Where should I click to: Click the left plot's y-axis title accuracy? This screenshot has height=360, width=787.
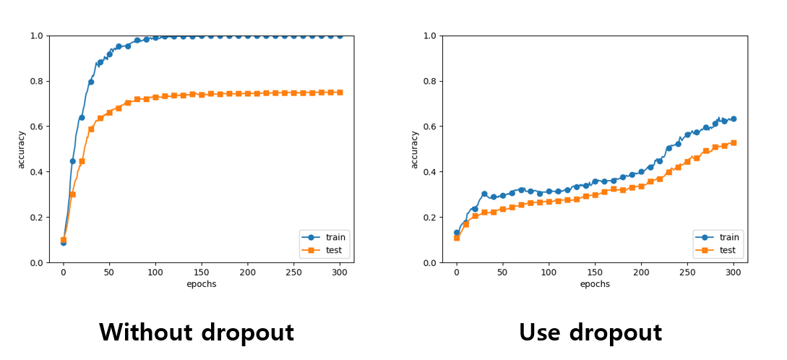pos(21,149)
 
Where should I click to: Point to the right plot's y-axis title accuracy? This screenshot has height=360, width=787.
pos(414,149)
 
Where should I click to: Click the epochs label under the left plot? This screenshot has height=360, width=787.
pos(201,284)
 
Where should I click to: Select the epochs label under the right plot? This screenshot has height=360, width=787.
pos(594,284)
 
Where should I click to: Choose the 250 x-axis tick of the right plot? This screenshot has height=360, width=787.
pos(687,272)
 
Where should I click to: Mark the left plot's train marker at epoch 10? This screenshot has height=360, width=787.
pos(72,161)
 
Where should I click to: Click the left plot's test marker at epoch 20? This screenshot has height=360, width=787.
pos(82,161)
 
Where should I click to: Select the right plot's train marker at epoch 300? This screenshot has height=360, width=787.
pos(733,119)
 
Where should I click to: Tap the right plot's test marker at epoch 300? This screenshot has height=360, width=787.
pos(733,143)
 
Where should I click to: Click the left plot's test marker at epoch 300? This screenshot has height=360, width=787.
pos(340,93)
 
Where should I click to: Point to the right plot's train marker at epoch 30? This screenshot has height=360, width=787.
pos(484,194)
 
